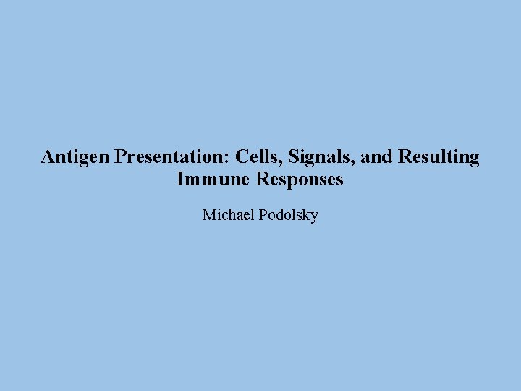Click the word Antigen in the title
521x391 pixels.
pos(75,157)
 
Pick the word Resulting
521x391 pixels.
pos(437,157)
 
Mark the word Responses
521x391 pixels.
pos(300,180)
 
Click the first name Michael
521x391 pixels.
pos(228,215)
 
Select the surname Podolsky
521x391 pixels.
pos(288,215)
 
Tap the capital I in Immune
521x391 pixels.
pos(179,180)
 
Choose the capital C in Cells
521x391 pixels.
pos(242,157)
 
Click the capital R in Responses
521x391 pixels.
pos(262,180)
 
